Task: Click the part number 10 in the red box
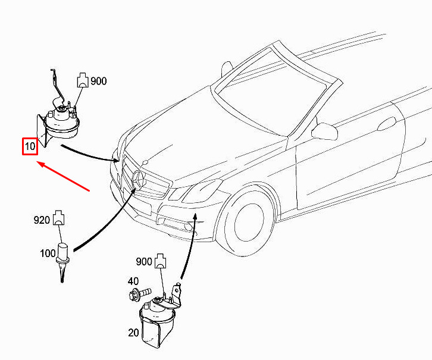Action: [30, 146]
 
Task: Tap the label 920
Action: [42, 220]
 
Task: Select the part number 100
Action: [48, 253]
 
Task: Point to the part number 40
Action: [133, 281]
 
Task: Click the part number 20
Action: [133, 333]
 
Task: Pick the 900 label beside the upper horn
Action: [99, 81]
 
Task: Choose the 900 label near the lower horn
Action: [144, 261]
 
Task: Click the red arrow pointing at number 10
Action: [63, 176]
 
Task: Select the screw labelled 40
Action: [140, 293]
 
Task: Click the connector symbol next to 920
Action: [58, 218]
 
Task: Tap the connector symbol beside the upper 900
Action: [83, 80]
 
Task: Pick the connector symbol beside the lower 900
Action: [161, 261]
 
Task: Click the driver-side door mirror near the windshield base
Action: [324, 132]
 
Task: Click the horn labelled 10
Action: [59, 118]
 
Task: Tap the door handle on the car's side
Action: [387, 124]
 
